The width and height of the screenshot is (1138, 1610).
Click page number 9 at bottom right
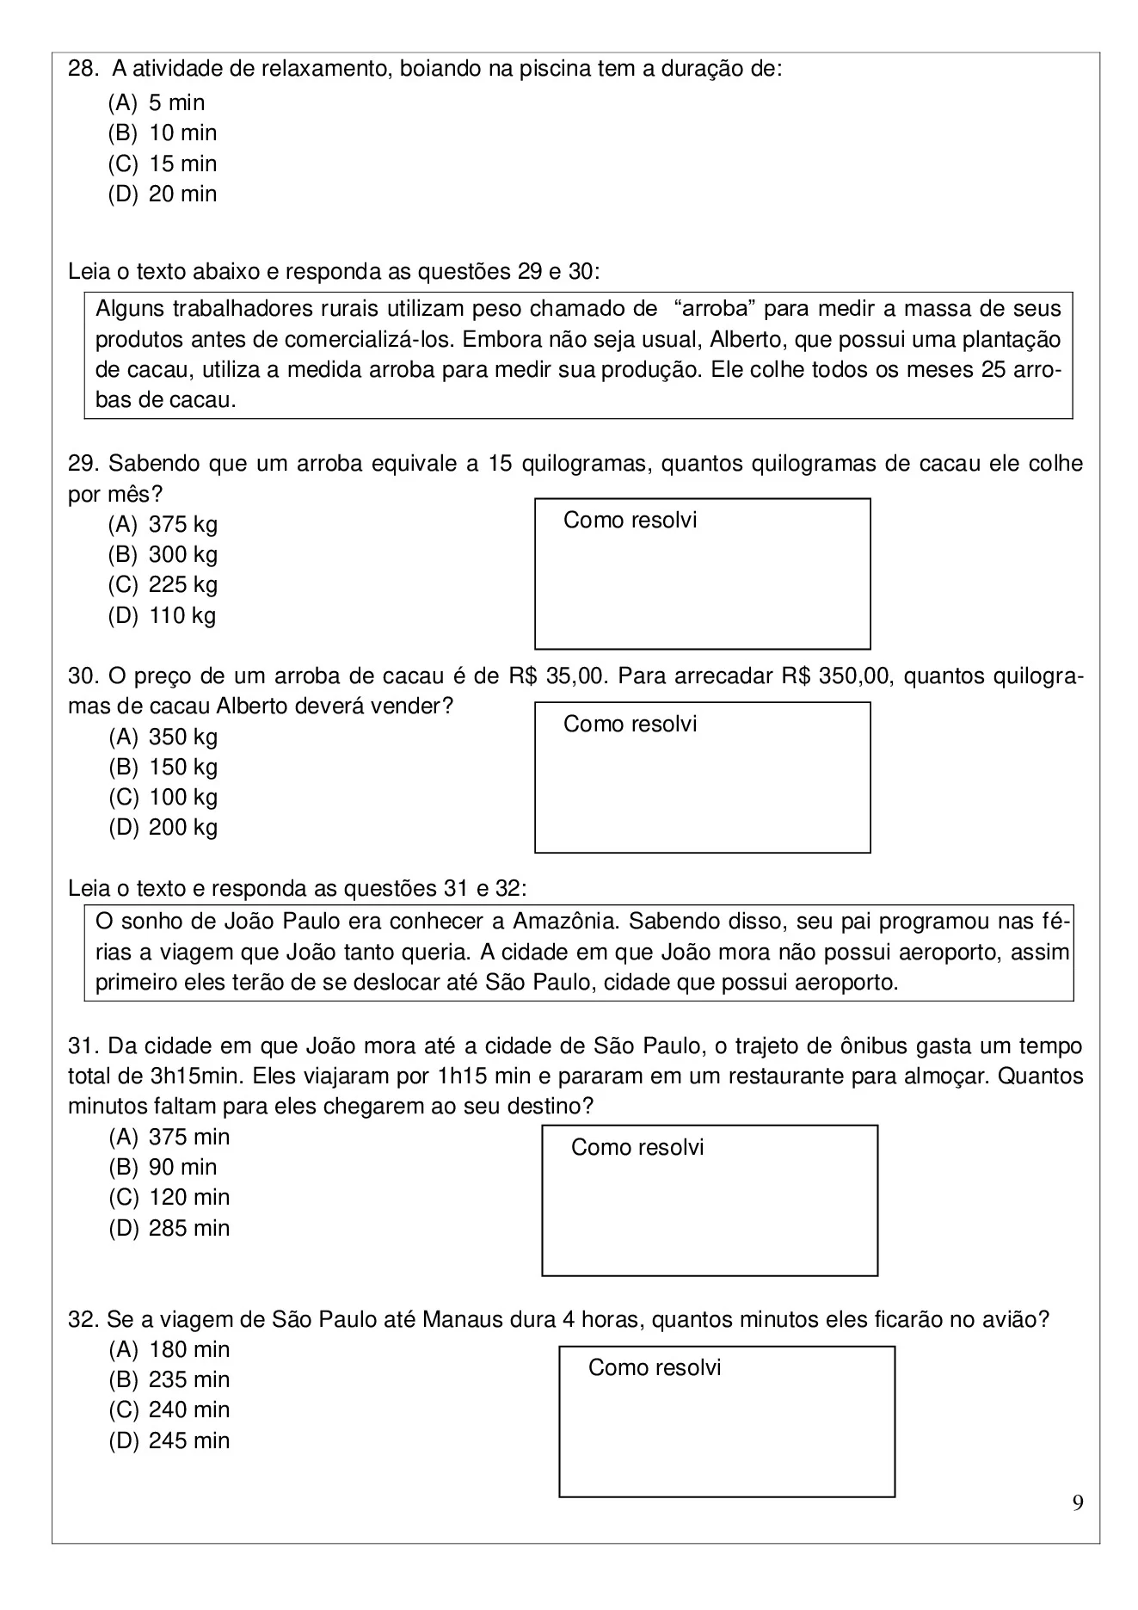pos(1078,1503)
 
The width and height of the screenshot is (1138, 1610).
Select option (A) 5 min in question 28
pos(157,103)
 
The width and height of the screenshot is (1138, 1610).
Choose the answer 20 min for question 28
pos(163,194)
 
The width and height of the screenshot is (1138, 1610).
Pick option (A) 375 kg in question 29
pos(163,524)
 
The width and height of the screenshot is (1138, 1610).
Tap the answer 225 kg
pos(163,585)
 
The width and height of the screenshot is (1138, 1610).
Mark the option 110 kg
pos(163,616)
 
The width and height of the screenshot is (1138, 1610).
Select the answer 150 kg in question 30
pos(163,767)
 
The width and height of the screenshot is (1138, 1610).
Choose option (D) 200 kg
pos(163,828)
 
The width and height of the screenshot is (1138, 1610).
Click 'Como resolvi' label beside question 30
pos(630,725)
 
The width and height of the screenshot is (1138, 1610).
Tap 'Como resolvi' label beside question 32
pos(654,1368)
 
